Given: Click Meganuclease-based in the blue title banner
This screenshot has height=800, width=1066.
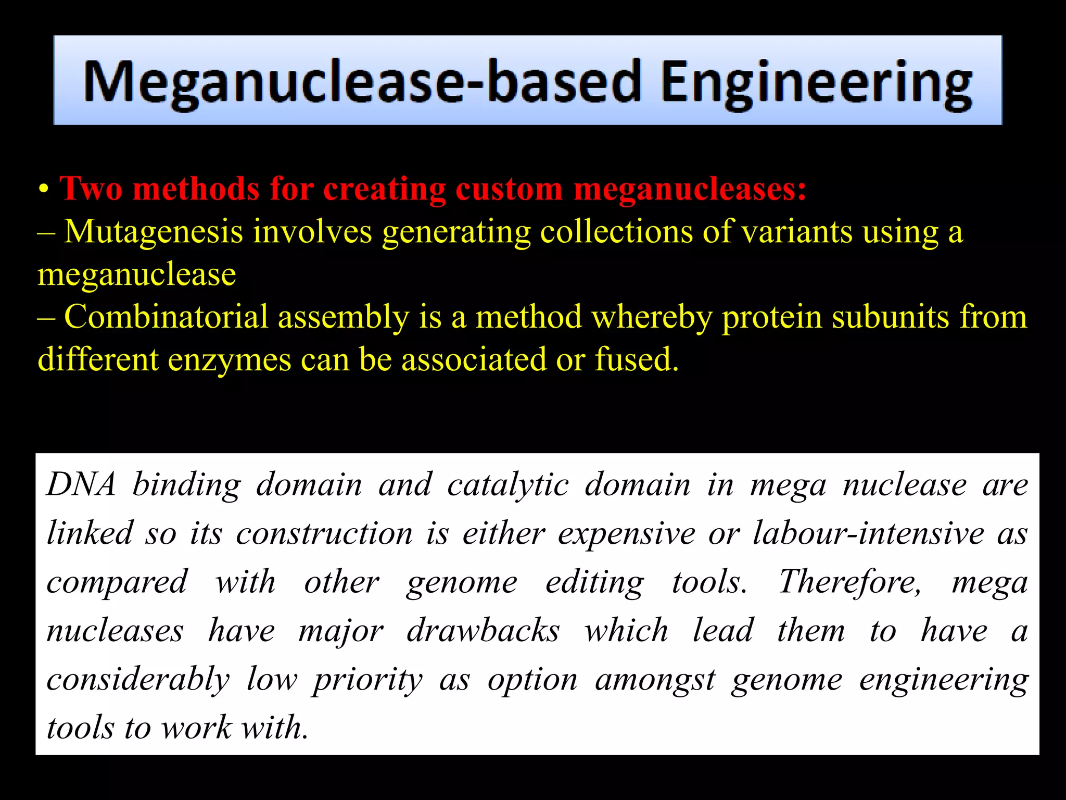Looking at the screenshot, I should [362, 82].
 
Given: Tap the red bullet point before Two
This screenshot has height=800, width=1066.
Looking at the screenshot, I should [44, 190].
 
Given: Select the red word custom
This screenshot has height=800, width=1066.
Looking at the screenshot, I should [509, 189].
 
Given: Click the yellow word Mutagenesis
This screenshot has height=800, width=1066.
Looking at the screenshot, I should [154, 232].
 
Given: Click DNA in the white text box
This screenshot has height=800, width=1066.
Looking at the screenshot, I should [81, 484].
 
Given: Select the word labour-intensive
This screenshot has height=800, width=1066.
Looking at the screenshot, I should [869, 533].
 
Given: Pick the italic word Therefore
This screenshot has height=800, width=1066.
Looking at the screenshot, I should [849, 582].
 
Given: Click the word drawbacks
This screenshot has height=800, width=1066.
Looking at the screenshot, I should [483, 631].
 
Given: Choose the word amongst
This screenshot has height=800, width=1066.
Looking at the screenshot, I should [655, 680].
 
